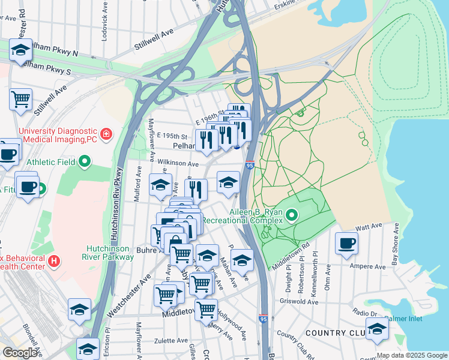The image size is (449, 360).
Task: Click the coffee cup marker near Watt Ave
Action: (347, 244)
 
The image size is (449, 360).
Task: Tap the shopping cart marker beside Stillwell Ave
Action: (20, 98)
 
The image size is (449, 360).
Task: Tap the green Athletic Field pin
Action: (85, 160)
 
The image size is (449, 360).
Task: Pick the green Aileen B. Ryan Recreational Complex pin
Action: (292, 214)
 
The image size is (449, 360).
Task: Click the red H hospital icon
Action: (54, 261)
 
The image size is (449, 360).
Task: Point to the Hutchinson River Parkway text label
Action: (108, 252)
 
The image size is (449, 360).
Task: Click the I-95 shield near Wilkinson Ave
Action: (250, 165)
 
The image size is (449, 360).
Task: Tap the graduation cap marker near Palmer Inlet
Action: (377, 329)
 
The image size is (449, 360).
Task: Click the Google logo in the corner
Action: (20, 353)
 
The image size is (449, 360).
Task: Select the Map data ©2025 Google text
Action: (411, 355)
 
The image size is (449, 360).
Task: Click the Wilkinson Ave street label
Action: (177, 163)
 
